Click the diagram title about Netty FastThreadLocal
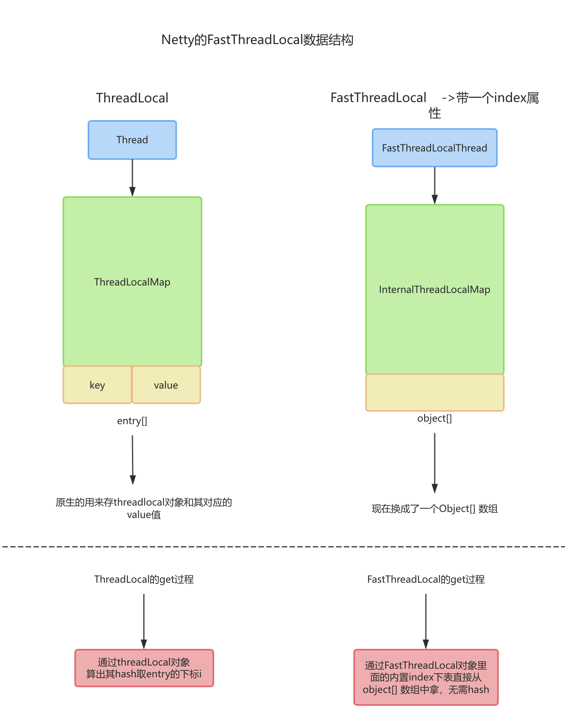257,40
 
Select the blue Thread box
132,140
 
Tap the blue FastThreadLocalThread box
434,148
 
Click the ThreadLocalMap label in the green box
132,282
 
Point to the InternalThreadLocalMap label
434,290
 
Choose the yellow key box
97,385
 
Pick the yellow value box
166,385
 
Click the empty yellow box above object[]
434,393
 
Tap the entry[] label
132,421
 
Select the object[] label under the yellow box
434,418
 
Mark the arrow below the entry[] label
133,459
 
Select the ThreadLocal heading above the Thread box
132,98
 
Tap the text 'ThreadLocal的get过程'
144,580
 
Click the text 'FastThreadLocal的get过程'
426,580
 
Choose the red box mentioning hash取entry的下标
144,668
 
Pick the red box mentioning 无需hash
426,677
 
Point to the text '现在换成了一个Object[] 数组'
434,509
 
